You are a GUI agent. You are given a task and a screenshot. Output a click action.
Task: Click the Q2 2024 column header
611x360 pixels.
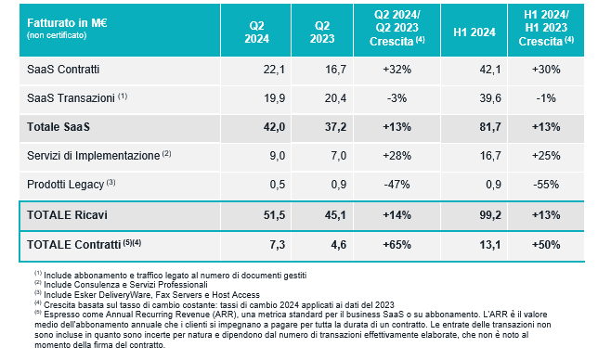point(256,32)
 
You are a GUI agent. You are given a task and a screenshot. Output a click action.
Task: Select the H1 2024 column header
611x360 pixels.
point(474,32)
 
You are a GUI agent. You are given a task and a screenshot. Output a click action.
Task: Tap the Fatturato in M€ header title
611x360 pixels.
point(67,23)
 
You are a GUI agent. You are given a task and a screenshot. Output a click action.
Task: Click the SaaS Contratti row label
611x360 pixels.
point(63,70)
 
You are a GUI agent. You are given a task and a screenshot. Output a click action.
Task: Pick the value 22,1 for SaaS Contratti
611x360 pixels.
point(274,70)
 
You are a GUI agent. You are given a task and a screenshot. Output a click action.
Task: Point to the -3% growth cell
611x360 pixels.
point(396,98)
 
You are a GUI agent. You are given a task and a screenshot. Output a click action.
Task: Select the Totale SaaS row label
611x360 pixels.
point(58,127)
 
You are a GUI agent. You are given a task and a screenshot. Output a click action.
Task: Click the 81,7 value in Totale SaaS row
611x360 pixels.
point(490,127)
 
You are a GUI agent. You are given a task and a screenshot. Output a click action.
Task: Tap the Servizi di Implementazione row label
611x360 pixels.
point(93,156)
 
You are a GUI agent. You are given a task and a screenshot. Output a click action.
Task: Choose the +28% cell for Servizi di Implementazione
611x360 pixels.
point(396,156)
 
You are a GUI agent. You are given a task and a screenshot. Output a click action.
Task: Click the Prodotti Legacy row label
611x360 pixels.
point(65,184)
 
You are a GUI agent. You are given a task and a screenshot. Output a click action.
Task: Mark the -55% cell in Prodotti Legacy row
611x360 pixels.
point(546,184)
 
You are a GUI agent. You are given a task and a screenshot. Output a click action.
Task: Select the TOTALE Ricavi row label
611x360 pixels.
point(67,215)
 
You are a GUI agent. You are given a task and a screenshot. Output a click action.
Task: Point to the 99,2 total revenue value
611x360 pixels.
point(490,215)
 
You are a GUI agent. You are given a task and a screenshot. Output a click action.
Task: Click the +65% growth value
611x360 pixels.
point(396,245)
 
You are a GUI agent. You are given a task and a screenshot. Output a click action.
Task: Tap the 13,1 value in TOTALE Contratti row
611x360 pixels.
point(490,245)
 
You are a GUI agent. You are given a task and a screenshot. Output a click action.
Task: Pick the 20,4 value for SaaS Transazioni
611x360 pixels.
point(335,98)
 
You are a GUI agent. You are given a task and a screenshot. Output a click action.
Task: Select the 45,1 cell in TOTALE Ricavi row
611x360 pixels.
point(335,215)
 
